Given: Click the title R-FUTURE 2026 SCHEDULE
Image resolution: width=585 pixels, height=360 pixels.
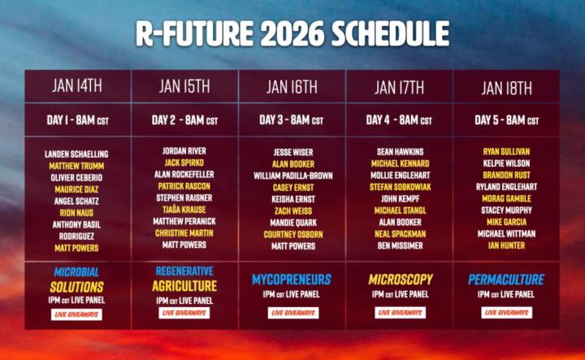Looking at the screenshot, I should (292, 35).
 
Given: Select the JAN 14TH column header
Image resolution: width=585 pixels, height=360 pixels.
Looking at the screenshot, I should (77, 85).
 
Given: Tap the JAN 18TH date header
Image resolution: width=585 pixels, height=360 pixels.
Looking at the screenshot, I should (506, 88).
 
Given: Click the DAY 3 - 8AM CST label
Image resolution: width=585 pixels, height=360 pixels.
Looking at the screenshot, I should (292, 120).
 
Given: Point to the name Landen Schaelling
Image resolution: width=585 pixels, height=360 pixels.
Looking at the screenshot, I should (76, 154).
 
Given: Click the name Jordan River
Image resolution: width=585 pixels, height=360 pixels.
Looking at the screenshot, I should (184, 151).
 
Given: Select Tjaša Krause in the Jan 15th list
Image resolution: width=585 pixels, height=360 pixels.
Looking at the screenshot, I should (184, 209).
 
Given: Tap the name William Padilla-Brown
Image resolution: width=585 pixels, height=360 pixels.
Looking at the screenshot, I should (292, 175).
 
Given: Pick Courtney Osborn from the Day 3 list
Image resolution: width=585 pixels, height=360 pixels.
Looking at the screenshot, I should (292, 234).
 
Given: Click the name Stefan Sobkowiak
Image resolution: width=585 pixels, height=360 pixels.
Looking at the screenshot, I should (400, 186).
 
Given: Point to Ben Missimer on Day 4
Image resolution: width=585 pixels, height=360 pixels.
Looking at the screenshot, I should (400, 245).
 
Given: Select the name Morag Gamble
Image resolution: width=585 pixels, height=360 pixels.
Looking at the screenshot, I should (506, 198).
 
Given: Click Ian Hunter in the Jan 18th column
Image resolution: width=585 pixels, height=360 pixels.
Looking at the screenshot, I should (506, 245).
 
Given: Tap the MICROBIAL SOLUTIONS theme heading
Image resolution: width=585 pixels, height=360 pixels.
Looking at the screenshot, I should (76, 279).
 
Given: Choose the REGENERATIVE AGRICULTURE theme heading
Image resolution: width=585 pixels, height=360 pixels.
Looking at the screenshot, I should (184, 279).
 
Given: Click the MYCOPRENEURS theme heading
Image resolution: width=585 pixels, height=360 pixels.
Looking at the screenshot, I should (292, 280).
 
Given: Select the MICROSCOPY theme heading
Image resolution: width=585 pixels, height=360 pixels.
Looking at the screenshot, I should (400, 280).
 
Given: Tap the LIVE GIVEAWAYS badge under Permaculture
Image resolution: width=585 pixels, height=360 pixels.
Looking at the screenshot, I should (506, 312).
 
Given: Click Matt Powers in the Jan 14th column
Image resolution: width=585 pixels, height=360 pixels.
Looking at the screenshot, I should (76, 248).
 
